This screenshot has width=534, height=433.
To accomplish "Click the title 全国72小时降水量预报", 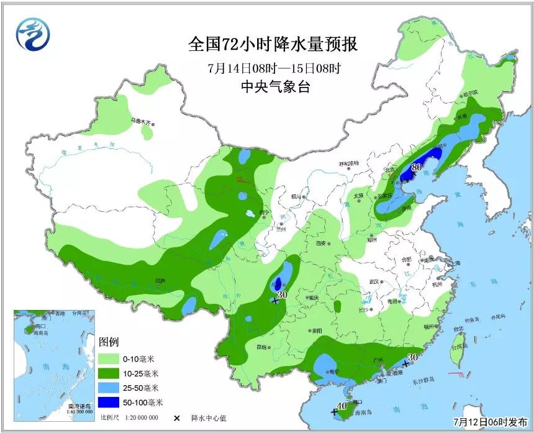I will [274, 45].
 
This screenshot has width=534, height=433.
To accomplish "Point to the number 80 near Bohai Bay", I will [417, 166].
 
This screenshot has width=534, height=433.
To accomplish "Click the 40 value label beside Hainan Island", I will [340, 406].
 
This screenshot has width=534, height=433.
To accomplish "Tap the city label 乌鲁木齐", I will [141, 121].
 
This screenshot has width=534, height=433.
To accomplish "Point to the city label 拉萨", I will [159, 280].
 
